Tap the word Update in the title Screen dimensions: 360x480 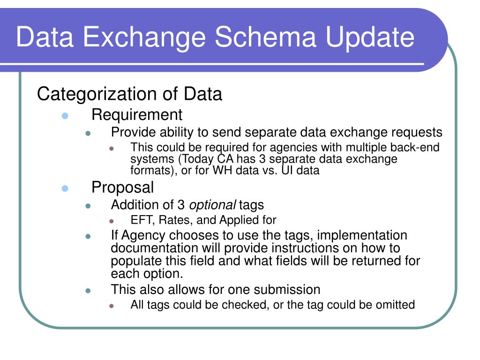click(x=370, y=37)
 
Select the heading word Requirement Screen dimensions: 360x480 click(x=136, y=114)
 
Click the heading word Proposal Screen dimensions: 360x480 click(x=122, y=187)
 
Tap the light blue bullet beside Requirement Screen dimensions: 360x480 click(x=65, y=115)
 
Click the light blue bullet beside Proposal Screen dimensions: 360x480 click(x=65, y=188)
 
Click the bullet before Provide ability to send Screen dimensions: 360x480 click(x=88, y=133)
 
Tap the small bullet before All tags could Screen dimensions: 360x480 click(x=112, y=306)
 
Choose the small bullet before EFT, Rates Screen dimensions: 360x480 click(x=112, y=221)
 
